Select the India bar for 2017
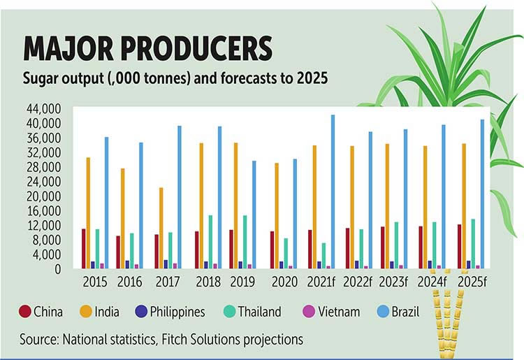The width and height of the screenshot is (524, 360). pos(161,228)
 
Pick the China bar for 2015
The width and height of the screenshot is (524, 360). pos(83,249)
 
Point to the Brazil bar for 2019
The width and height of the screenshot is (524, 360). pos(254,215)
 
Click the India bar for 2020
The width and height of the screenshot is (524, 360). pos(277,216)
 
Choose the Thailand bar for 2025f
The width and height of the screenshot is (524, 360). pos(473,244)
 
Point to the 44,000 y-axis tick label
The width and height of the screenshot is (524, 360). pos(44,109)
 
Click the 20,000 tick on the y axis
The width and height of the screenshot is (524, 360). pos(44,196)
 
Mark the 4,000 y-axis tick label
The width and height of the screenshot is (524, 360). pos(49,254)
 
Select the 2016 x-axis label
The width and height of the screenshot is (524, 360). pos(130,282)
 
